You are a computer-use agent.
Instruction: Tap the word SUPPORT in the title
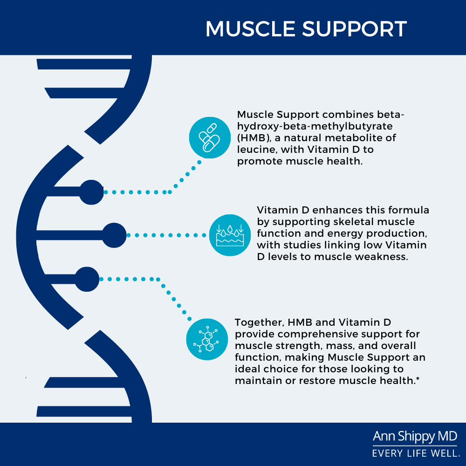click(x=354, y=29)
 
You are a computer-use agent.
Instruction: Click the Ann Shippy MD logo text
click(x=415, y=437)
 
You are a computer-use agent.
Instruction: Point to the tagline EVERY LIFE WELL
click(x=415, y=452)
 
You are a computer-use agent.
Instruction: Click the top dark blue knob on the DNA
click(x=91, y=192)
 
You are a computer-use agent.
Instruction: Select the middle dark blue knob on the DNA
click(x=114, y=235)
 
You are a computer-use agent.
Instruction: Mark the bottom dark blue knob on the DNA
click(x=87, y=279)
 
